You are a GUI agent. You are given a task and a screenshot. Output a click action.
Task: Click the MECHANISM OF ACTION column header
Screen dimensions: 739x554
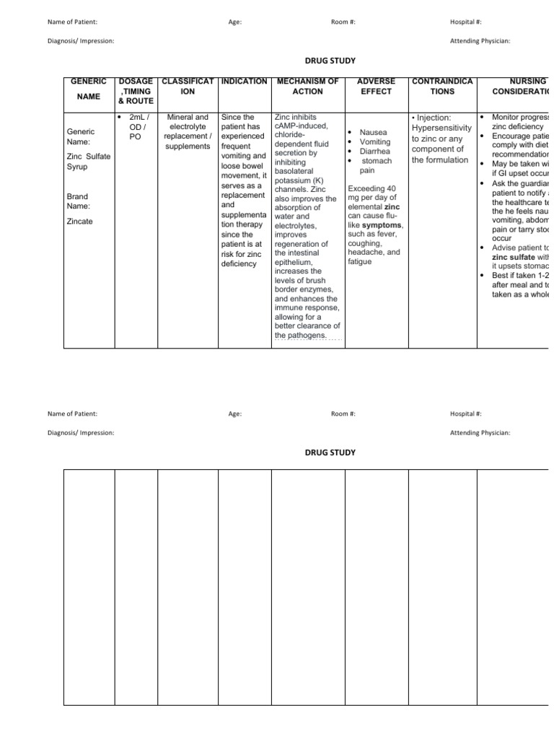[307, 87]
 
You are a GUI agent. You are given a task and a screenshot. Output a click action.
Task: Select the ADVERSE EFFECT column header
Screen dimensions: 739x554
[377, 87]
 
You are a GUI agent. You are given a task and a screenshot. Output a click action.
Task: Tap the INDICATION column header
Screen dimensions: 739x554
[244, 82]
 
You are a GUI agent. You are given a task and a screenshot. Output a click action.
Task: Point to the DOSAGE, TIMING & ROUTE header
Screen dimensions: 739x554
[136, 91]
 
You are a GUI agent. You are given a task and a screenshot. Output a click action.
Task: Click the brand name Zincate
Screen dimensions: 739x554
[80, 222]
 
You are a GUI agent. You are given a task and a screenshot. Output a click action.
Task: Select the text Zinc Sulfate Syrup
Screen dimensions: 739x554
[88, 161]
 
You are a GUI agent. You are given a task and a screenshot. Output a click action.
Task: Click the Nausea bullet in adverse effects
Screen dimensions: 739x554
[373, 133]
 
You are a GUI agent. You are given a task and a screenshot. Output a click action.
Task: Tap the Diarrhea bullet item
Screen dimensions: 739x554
[375, 152]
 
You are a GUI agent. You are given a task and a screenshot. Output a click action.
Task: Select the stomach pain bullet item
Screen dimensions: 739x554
[375, 166]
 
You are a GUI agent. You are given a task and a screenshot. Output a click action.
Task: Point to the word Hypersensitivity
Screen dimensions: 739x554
[442, 128]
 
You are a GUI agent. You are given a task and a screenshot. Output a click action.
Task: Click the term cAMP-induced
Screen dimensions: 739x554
[301, 126]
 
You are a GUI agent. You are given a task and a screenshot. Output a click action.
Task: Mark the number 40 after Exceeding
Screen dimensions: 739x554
[392, 188]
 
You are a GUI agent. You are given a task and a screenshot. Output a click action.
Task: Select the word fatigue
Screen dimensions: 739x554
[360, 261]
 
